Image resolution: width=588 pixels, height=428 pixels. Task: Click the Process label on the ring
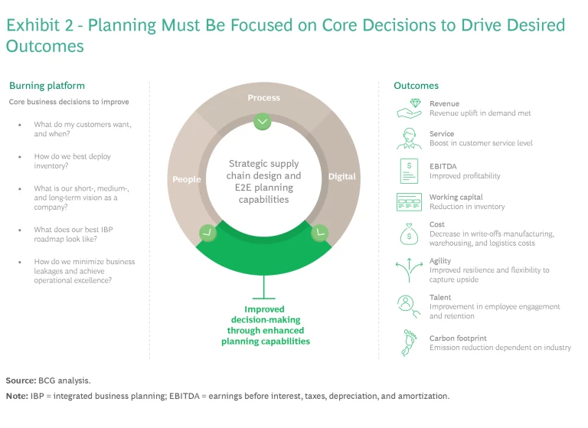click(x=263, y=98)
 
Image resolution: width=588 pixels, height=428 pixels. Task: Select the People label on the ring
click(x=187, y=179)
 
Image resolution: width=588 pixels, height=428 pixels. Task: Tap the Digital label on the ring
click(x=341, y=176)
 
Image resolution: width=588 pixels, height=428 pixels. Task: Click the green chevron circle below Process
click(x=263, y=121)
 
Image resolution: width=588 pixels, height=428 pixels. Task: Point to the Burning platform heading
click(x=47, y=86)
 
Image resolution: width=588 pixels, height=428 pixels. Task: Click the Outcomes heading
click(x=416, y=86)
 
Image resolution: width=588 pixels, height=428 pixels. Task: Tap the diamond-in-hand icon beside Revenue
click(x=409, y=108)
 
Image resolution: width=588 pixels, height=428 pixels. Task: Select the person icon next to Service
click(x=409, y=138)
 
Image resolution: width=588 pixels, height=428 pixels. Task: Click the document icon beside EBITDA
click(x=409, y=171)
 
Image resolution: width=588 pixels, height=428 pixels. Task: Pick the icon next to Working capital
click(x=409, y=202)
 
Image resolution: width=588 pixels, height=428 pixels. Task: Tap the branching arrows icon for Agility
click(x=409, y=269)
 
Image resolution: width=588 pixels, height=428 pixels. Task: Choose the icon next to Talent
click(x=409, y=305)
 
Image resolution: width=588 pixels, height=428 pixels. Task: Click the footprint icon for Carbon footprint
click(x=409, y=342)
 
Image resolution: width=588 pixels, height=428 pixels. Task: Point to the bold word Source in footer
click(x=20, y=380)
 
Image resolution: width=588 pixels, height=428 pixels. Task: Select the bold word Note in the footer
click(x=16, y=396)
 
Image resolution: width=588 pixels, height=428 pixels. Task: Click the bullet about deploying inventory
click(x=73, y=162)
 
